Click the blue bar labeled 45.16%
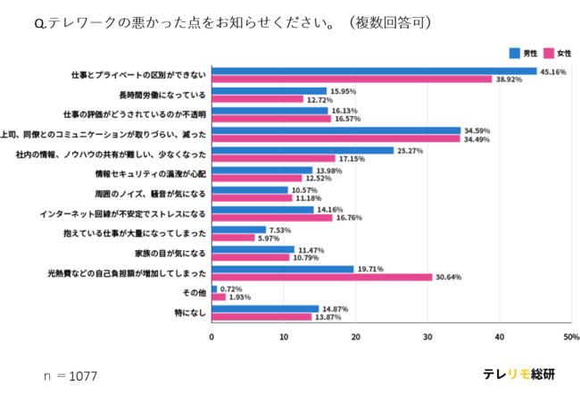click(x=374, y=71)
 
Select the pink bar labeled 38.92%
click(x=352, y=79)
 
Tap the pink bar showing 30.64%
click(x=321, y=277)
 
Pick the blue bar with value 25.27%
click(x=302, y=150)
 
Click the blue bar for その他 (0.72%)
click(x=214, y=288)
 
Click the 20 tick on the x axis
click(x=356, y=337)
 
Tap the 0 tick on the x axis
click(x=211, y=337)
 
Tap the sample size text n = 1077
click(x=70, y=376)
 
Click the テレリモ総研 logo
click(x=518, y=374)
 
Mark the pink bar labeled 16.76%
click(x=271, y=217)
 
